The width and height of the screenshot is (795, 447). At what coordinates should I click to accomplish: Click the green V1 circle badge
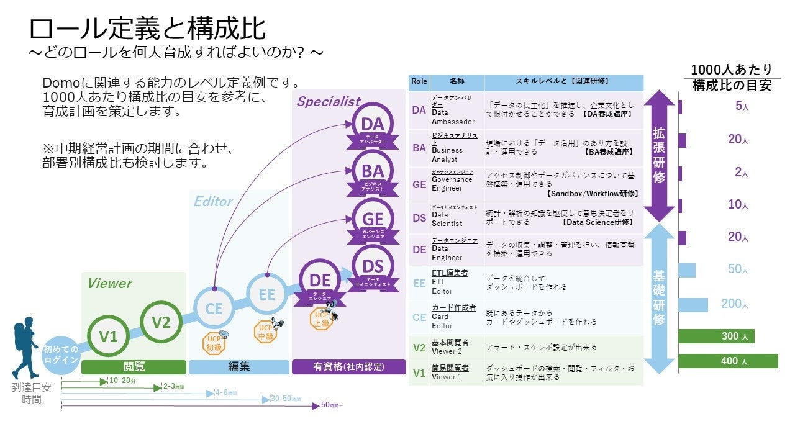[108, 337]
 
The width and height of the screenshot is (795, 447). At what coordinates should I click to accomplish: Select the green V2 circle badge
[161, 322]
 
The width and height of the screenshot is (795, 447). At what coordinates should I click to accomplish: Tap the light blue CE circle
[214, 309]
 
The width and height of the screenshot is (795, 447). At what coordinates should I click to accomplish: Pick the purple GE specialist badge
[372, 222]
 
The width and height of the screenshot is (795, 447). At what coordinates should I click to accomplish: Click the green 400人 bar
[728, 361]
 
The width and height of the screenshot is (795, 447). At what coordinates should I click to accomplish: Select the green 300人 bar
[716, 336]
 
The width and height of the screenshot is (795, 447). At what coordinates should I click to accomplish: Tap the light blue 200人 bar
[693, 304]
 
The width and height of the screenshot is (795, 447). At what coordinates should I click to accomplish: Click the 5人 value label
[742, 106]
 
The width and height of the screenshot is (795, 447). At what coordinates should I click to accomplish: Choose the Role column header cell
[419, 81]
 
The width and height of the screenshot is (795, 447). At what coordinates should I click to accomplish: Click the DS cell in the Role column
[419, 218]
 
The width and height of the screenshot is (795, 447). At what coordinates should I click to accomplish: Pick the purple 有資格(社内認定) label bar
[349, 367]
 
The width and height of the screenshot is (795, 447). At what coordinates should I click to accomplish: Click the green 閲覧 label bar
[134, 367]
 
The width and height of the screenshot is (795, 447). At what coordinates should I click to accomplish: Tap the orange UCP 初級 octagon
[215, 342]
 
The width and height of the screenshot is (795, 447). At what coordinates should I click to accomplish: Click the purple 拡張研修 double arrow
[659, 155]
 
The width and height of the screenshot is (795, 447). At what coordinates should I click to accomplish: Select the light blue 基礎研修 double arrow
[659, 298]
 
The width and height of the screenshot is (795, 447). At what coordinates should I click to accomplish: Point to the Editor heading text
[213, 202]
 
